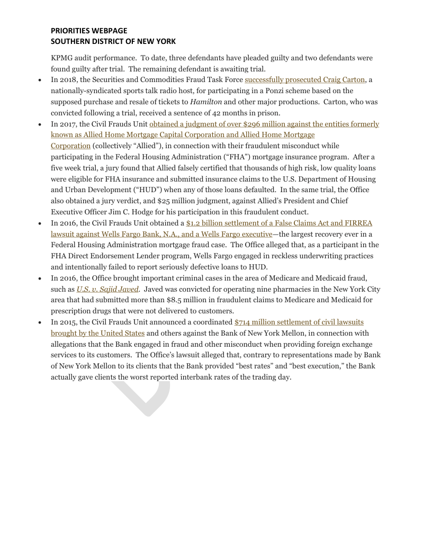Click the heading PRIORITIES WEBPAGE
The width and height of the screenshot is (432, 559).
click(x=89, y=31)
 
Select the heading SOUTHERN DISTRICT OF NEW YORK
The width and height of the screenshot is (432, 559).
click(x=113, y=41)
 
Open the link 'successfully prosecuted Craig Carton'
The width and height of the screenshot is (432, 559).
click(x=304, y=79)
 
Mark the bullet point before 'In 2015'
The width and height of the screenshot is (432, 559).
click(x=40, y=322)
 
